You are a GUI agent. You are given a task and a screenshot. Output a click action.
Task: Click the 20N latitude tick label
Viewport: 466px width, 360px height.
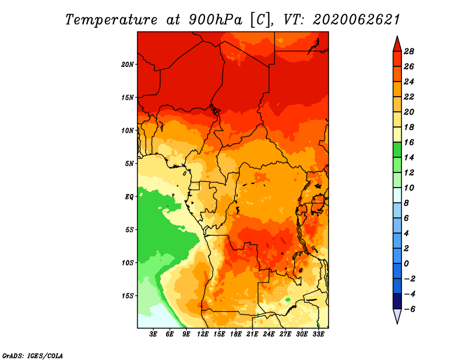click(128, 64)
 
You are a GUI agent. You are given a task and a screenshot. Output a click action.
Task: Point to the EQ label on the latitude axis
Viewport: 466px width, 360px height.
click(129, 196)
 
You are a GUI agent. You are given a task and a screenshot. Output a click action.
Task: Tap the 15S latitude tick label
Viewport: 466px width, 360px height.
click(128, 295)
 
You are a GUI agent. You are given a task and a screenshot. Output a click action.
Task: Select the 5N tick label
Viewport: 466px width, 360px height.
click(129, 164)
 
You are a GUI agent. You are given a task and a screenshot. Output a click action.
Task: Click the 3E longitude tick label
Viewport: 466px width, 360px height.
click(153, 334)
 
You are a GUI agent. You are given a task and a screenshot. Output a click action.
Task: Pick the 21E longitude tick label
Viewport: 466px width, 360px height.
click(252, 334)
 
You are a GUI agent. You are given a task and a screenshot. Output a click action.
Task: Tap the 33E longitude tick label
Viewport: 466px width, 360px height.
click(318, 334)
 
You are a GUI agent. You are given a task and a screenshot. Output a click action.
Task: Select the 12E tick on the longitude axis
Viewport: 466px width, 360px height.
click(203, 334)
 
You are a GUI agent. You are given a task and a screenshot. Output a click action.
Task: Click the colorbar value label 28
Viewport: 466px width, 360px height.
click(409, 51)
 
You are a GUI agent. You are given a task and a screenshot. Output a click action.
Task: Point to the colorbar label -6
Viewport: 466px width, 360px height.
click(409, 309)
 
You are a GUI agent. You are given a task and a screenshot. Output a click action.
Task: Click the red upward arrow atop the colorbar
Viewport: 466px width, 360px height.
click(397, 44)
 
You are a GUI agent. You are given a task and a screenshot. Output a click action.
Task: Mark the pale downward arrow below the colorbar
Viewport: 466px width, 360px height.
click(397, 316)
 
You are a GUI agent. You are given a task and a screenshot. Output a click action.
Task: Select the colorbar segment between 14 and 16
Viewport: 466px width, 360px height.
click(397, 150)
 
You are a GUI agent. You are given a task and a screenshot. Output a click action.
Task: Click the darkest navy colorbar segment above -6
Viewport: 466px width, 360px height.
click(397, 301)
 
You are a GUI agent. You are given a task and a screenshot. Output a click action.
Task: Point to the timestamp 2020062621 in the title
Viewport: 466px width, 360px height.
click(356, 20)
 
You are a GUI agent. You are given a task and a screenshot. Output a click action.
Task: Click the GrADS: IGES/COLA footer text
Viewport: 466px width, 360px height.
click(32, 355)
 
